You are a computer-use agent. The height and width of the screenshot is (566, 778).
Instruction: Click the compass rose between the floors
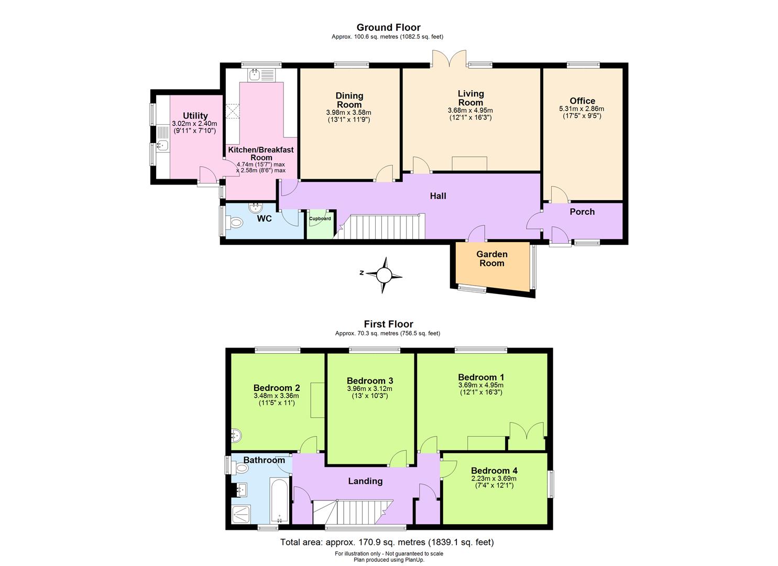click(x=385, y=275)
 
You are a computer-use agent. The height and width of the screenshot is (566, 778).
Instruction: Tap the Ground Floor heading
click(x=388, y=27)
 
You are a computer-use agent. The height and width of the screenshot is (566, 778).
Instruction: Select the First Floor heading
click(x=388, y=324)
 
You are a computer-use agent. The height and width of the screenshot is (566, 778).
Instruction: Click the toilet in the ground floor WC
click(x=235, y=223)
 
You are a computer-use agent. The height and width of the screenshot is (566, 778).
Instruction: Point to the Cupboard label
click(x=320, y=219)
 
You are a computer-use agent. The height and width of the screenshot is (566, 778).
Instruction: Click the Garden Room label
click(x=491, y=259)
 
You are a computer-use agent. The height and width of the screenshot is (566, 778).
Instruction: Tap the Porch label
click(x=582, y=212)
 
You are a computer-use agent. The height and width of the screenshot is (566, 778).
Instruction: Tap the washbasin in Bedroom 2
click(x=236, y=434)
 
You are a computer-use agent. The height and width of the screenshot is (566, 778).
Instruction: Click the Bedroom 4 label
click(x=494, y=471)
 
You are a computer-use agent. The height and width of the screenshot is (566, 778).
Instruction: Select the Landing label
click(x=365, y=481)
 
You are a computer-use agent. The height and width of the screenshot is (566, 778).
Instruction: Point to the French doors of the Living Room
click(x=449, y=59)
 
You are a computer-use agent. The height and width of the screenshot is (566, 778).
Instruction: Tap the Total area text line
click(x=387, y=542)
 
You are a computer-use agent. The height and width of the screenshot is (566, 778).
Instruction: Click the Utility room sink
click(x=162, y=145)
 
